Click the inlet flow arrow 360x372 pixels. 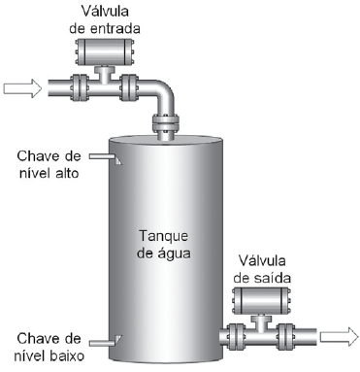pyautogui.click(x=22, y=89)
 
